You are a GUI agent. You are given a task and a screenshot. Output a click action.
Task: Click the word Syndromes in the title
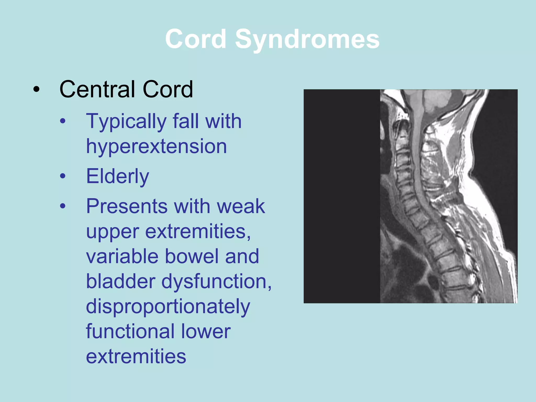click(x=307, y=39)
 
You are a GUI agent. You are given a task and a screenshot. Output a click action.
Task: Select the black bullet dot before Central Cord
click(x=36, y=90)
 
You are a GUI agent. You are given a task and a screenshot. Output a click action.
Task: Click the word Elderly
click(x=118, y=176)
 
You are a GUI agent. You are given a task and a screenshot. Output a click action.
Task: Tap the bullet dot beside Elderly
click(x=63, y=176)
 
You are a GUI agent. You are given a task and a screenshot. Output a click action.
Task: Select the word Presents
click(x=127, y=206)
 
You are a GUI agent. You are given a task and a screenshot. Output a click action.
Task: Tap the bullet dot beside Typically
click(x=63, y=121)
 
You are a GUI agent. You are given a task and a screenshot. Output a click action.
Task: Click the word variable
click(x=122, y=256)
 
